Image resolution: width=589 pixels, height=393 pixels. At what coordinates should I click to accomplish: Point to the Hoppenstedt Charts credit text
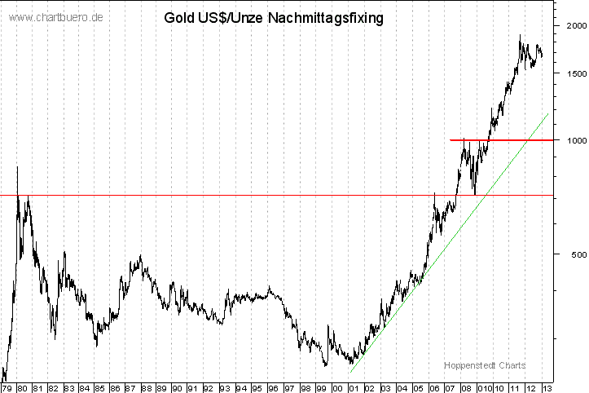[x=485, y=365]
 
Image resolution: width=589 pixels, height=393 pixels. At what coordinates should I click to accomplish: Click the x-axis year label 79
[x=6, y=387]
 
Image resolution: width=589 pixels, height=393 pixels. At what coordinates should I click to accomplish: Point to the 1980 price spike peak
[x=17, y=167]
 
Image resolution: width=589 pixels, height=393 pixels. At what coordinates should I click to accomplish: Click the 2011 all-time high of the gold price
[x=520, y=35]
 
